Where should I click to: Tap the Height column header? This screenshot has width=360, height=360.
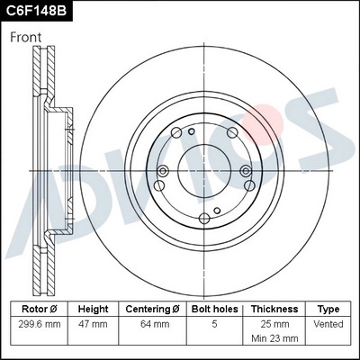pyautogui.click(x=93, y=308)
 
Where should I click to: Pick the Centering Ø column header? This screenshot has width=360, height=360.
pyautogui.click(x=153, y=308)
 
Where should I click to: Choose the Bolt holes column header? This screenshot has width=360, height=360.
pyautogui.click(x=213, y=308)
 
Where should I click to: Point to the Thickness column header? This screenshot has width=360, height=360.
pyautogui.click(x=274, y=308)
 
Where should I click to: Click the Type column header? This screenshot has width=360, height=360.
pyautogui.click(x=328, y=308)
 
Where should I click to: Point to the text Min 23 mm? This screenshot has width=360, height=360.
pyautogui.click(x=274, y=338)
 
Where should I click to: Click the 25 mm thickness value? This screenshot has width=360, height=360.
pyautogui.click(x=274, y=323)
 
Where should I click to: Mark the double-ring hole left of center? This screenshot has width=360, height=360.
pyautogui.click(x=163, y=173)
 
